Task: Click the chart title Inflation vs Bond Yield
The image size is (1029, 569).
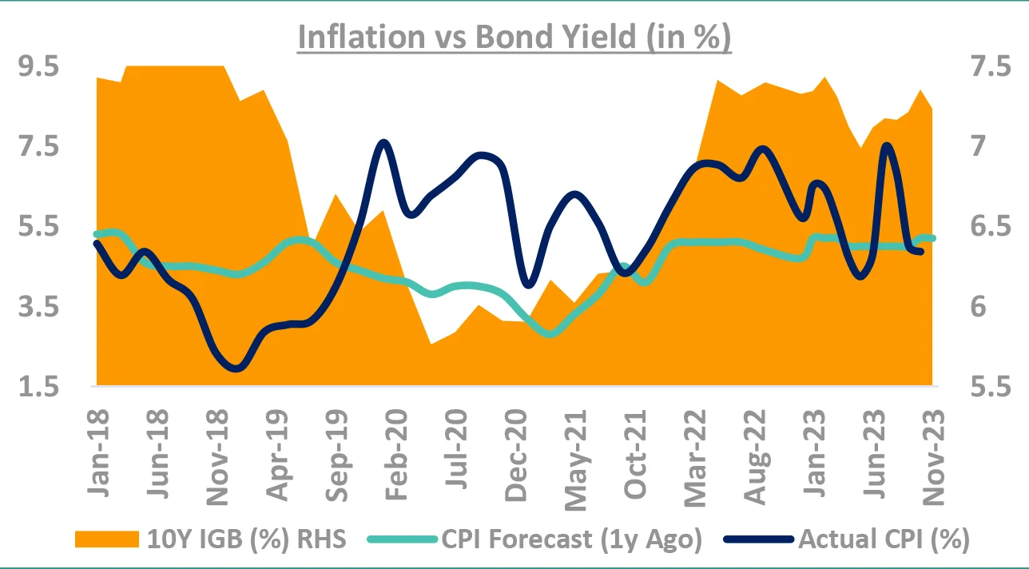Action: (514, 38)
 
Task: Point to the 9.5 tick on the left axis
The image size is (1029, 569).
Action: (40, 69)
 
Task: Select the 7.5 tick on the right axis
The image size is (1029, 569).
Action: (988, 69)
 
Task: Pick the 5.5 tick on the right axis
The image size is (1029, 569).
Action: (988, 388)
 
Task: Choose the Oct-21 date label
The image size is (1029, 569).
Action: (637, 451)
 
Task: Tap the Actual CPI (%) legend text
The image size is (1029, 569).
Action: (884, 539)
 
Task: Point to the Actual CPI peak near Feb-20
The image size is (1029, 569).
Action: (383, 143)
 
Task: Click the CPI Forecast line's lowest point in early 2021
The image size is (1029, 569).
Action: (550, 333)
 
